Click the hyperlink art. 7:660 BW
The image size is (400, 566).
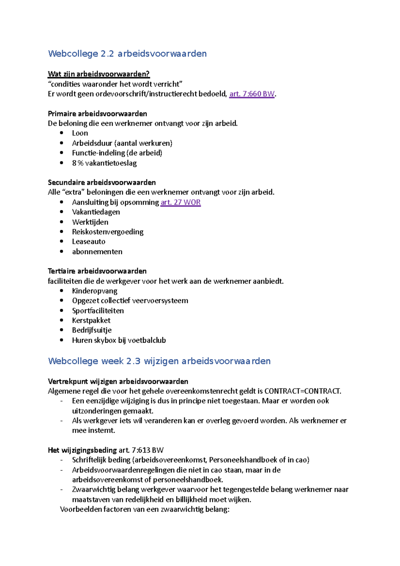point(252,94)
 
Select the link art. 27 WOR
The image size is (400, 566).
point(180,202)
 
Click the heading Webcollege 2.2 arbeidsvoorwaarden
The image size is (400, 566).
point(127,54)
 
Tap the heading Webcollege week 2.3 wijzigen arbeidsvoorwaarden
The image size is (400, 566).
point(159,361)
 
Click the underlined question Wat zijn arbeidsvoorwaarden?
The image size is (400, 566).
point(99,74)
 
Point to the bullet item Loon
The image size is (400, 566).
point(80,133)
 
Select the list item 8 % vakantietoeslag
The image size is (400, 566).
point(104,163)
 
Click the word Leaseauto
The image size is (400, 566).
point(89,242)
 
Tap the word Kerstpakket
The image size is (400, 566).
point(91,321)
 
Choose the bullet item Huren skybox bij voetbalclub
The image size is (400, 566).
point(119,340)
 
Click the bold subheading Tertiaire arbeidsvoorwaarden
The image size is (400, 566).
point(97,271)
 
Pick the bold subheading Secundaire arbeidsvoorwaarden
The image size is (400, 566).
point(102,183)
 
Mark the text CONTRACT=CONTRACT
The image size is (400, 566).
point(302,391)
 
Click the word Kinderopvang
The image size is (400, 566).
point(95,291)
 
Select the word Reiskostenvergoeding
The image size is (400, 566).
point(108,232)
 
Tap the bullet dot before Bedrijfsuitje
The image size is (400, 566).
point(62,330)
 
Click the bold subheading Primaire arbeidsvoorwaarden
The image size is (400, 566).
point(97,114)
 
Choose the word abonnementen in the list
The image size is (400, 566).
point(97,252)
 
